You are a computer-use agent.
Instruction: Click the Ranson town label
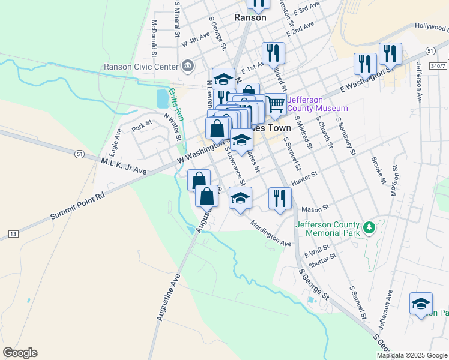click(250, 17)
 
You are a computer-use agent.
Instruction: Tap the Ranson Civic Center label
click(141, 67)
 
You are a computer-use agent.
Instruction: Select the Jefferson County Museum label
click(318, 104)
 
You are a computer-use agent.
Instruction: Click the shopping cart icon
click(275, 104)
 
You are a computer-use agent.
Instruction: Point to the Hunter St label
click(303, 178)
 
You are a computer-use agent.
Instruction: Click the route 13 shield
click(13, 232)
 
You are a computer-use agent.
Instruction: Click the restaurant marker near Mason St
click(280, 197)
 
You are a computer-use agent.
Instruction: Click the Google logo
click(20, 353)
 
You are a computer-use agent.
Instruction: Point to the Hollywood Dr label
click(431, 27)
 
